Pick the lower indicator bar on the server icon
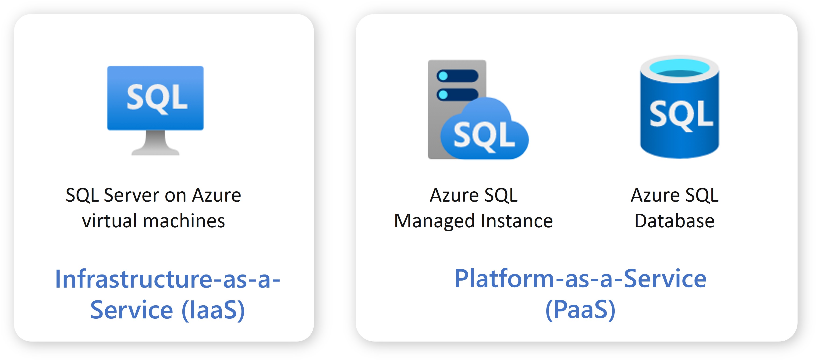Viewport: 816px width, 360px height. tap(458, 94)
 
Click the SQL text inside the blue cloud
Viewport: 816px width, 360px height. tap(484, 136)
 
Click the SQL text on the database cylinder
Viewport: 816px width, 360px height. tap(681, 115)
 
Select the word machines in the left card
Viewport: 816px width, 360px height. tap(184, 221)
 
